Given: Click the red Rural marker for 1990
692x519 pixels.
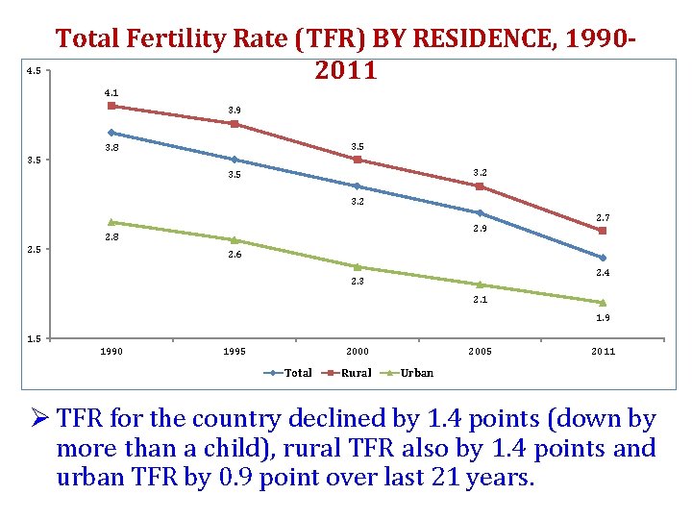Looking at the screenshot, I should tap(111, 106).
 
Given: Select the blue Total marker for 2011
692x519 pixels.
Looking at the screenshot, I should tap(603, 258).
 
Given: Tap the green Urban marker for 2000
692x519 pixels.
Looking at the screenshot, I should tap(358, 266).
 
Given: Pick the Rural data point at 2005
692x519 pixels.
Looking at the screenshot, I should tap(480, 186).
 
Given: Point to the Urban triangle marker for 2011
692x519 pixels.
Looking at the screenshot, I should tap(603, 302).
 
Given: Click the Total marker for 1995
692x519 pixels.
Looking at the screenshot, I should tap(235, 160).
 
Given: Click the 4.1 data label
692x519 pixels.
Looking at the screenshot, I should tap(111, 92).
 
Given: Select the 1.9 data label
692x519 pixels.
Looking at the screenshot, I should tap(603, 318).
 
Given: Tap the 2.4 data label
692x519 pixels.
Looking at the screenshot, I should tap(603, 274).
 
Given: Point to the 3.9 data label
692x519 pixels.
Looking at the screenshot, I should tap(235, 111).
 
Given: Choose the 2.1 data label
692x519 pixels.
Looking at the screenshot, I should tap(480, 300).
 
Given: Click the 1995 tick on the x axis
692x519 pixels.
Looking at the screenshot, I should tap(235, 352).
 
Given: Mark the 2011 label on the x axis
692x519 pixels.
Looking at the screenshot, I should tap(603, 352).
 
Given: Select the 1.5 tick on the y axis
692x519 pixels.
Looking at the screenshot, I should tap(32, 338).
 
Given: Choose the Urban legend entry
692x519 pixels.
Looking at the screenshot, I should tap(410, 373).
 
